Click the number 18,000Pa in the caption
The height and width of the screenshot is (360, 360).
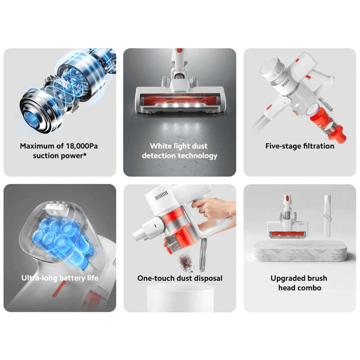click(x=82, y=146)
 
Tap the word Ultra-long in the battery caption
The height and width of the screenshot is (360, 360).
click(x=39, y=278)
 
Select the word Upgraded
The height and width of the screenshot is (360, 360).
click(x=285, y=278)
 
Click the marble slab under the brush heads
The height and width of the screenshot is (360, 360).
click(x=300, y=251)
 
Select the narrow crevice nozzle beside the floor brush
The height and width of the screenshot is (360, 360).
click(x=328, y=216)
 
